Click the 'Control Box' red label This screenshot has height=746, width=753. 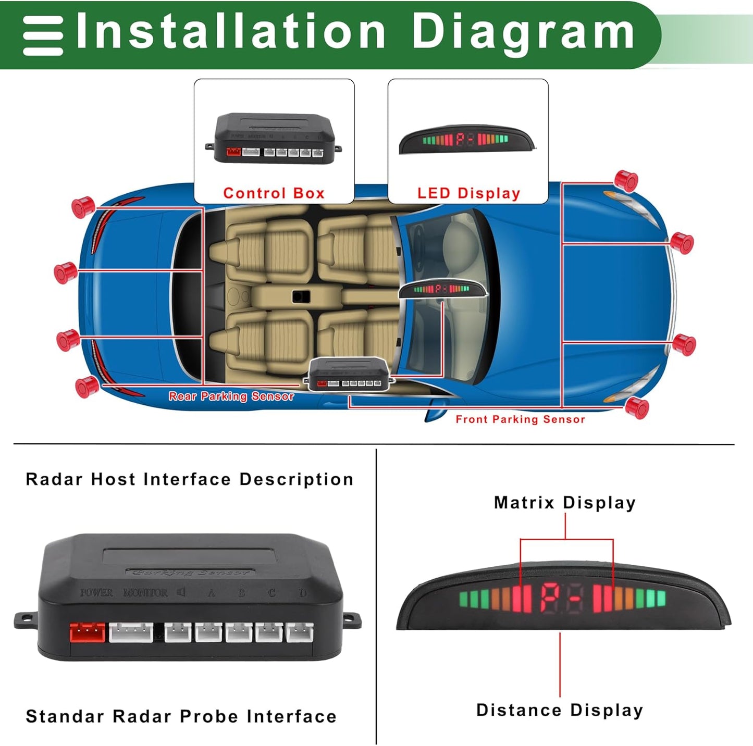coord(274,193)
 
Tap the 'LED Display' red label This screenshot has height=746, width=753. coord(468,193)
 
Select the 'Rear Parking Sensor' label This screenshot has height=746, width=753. coord(231,396)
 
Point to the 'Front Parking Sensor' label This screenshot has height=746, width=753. coord(520,419)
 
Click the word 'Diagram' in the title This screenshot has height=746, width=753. coord(523,32)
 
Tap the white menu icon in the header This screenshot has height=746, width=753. coord(43,35)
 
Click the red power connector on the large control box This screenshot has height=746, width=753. coord(87,633)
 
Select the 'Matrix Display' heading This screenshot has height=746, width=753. coord(565,503)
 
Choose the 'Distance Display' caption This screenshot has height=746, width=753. coord(560,710)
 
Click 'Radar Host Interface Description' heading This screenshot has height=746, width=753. coord(190,479)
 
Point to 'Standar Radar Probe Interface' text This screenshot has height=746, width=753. coord(181,716)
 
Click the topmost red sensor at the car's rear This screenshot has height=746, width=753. coord(82,207)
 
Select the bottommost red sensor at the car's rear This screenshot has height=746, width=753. coord(87,387)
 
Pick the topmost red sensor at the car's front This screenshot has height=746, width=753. coord(626,180)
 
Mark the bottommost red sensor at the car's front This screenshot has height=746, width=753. coord(637,407)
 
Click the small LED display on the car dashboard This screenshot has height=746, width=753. coord(442,289)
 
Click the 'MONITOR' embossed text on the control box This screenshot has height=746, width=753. coord(145,593)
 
